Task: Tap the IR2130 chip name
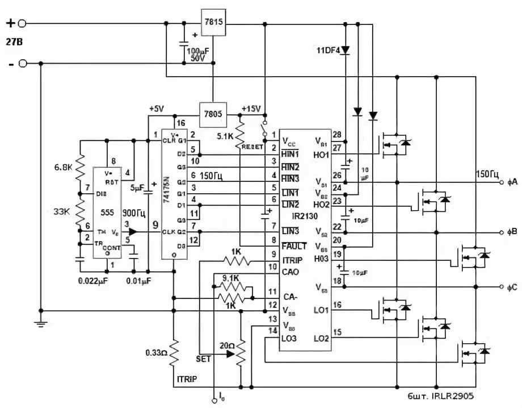tap(305, 217)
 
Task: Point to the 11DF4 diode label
tap(327, 51)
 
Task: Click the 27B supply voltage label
tap(15, 43)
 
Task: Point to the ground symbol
tap(41, 324)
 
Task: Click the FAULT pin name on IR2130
tap(293, 246)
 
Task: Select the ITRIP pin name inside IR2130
tap(293, 259)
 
